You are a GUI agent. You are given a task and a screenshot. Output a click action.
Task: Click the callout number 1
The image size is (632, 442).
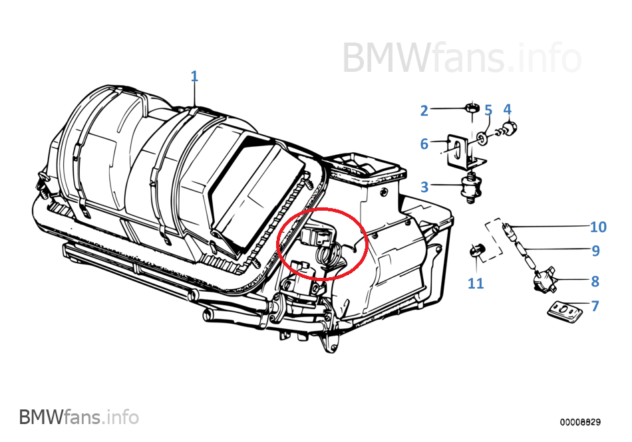[x=194, y=76]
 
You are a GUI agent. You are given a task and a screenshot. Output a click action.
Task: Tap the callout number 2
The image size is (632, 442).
[x=424, y=110]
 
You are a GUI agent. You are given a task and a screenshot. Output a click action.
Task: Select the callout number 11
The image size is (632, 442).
[x=476, y=284]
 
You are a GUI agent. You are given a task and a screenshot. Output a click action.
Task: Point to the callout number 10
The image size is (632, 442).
[x=598, y=227]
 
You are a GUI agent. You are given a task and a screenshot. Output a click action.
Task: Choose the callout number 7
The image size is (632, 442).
[x=595, y=306]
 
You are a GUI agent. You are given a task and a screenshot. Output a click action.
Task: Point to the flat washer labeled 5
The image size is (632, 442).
[x=481, y=138]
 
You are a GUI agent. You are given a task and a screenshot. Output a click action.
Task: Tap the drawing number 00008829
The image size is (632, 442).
[x=580, y=422]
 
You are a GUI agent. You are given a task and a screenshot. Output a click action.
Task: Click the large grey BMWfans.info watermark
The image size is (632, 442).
[x=462, y=58]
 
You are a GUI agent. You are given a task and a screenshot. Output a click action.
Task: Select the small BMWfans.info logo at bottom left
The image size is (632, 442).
[x=79, y=417]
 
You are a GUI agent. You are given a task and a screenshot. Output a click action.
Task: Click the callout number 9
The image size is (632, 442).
[x=595, y=251]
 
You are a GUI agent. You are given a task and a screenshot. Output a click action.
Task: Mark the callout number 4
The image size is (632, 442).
[x=507, y=108]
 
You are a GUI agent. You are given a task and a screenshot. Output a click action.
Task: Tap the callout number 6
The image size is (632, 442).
[x=424, y=144]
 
